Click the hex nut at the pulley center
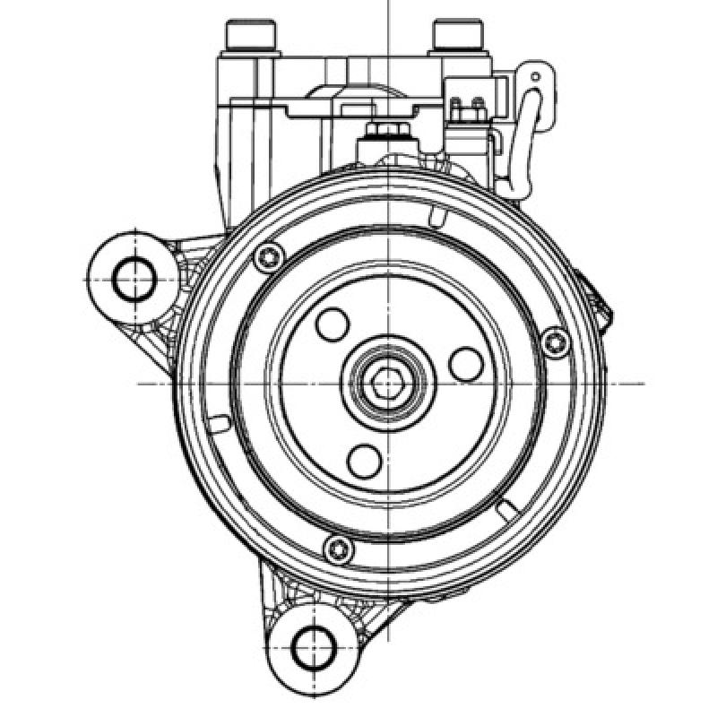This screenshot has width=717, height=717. [387, 384]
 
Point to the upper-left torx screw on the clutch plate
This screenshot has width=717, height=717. [265, 257]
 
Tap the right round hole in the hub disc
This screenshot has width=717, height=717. [466, 363]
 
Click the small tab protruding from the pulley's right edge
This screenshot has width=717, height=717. [605, 300]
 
